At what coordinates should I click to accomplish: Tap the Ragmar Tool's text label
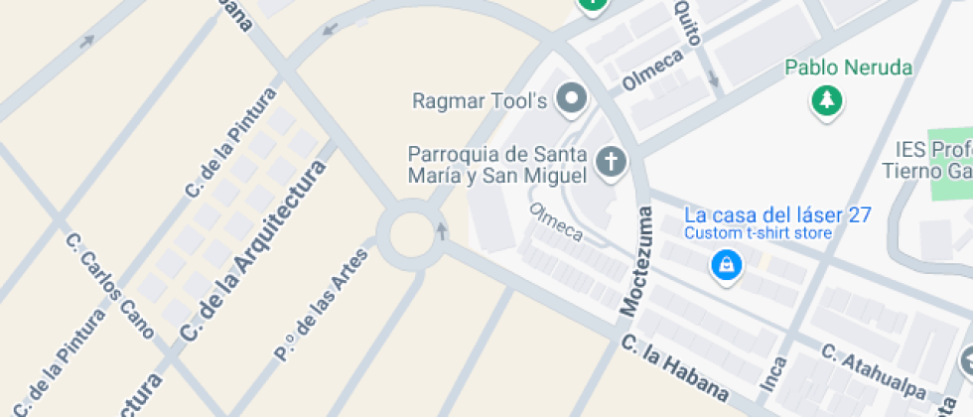pyautogui.click(x=481, y=100)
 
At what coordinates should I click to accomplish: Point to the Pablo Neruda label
pyautogui.click(x=848, y=69)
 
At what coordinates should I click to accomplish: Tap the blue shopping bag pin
pyautogui.click(x=727, y=265)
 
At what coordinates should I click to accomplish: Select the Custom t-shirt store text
pyautogui.click(x=758, y=233)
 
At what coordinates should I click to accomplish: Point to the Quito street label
pyautogui.click(x=687, y=23)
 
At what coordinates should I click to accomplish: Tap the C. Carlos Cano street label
pyautogui.click(x=108, y=286)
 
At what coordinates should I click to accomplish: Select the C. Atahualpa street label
pyautogui.click(x=873, y=372)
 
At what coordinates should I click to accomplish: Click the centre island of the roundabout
pyautogui.click(x=413, y=235)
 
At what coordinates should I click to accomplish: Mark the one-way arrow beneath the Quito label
pyautogui.click(x=713, y=79)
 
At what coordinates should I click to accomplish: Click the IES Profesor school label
pyautogui.click(x=931, y=159)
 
